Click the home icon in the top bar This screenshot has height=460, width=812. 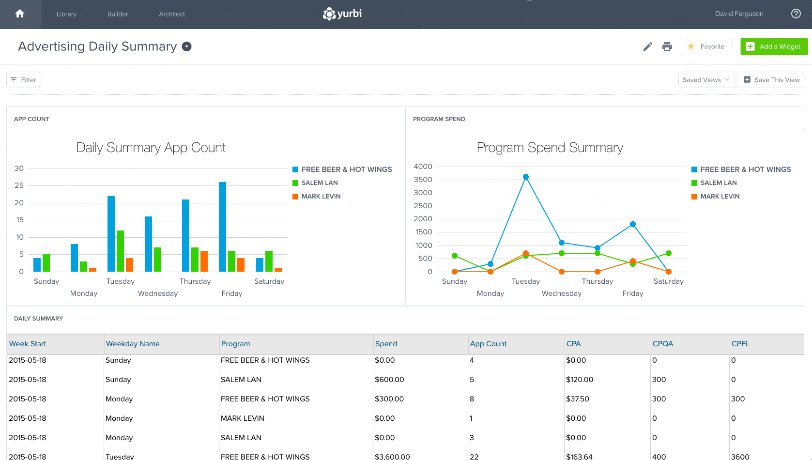(20, 14)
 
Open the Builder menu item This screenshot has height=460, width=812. (118, 14)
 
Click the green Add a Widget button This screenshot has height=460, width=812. (774, 46)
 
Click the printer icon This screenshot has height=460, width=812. (667, 46)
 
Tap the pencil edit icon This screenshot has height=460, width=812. (647, 46)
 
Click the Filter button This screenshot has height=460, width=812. (23, 80)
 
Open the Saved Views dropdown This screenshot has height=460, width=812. (706, 80)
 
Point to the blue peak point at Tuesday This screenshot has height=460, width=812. (526, 177)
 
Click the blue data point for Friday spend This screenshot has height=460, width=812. (633, 224)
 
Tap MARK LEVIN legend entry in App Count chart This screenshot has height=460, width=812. (321, 196)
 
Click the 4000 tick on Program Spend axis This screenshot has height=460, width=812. (423, 167)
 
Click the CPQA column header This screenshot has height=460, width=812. (662, 344)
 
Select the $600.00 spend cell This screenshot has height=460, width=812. (389, 380)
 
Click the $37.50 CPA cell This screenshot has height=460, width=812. (577, 399)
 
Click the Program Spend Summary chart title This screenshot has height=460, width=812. (550, 148)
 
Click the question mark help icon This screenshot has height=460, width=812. (796, 14)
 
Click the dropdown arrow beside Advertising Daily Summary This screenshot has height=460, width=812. (187, 46)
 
